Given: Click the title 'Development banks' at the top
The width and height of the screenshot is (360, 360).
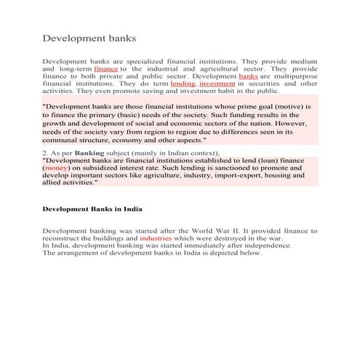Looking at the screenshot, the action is click(89, 36).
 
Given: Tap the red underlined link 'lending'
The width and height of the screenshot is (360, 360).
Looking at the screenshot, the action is click(183, 84).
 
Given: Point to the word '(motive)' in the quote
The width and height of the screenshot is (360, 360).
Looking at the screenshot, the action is click(287, 106).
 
